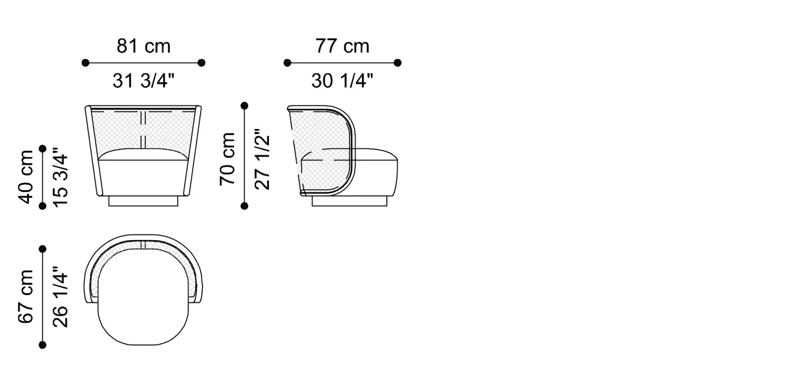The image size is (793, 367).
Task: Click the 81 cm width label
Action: pos(144,46)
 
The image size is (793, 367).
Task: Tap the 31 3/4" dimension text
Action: pos(144,80)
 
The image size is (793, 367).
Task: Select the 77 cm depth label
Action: pos(342,46)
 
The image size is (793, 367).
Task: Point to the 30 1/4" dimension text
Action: pos(342,80)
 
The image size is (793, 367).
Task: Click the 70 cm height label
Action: pos(227,159)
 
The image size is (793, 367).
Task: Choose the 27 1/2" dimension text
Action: pos(262,159)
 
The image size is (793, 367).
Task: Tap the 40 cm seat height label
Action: pos(25,177)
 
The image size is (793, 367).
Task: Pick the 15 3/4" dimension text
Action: pos(60,177)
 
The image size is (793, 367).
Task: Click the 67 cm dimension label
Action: pos(25,297)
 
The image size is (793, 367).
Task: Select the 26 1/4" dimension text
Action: pos(60,297)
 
